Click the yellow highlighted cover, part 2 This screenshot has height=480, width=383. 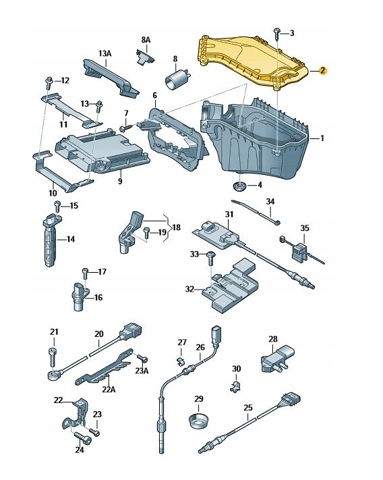(252, 62)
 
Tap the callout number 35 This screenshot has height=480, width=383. (305, 228)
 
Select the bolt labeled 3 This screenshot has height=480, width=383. (277, 33)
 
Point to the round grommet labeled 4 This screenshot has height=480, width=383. (239, 186)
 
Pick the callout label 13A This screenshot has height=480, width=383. (105, 53)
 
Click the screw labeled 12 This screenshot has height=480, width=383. (49, 82)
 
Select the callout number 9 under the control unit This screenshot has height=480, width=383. (120, 181)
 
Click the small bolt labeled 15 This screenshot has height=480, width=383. (57, 206)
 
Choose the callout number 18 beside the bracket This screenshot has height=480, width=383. (176, 227)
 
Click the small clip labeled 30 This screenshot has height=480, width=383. (236, 385)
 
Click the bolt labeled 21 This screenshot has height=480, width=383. (53, 356)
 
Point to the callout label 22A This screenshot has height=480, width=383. (109, 389)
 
